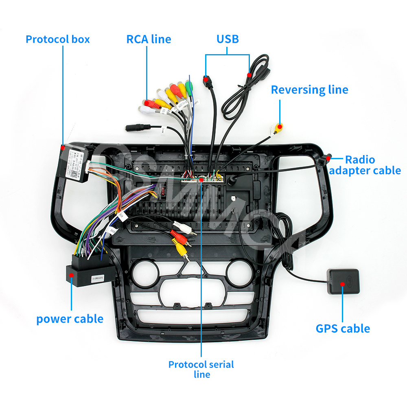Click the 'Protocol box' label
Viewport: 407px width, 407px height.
pyautogui.click(x=57, y=39)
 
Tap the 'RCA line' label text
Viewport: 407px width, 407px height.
pyautogui.click(x=149, y=39)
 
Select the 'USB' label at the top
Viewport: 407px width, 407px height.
pyautogui.click(x=228, y=39)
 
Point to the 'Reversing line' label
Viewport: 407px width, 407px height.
pyautogui.click(x=309, y=90)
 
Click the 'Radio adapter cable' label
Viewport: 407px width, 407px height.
pyautogui.click(x=365, y=165)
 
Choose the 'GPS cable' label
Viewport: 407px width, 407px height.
pyautogui.click(x=343, y=328)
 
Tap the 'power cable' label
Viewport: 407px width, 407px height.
pyautogui.click(x=70, y=319)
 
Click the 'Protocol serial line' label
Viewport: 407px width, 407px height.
pyautogui.click(x=201, y=369)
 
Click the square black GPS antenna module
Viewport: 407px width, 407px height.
pyautogui.click(x=343, y=281)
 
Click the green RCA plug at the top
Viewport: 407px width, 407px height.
pyautogui.click(x=188, y=86)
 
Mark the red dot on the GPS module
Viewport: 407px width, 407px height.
pyautogui.click(x=343, y=285)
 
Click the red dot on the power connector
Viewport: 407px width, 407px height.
pyautogui.click(x=72, y=276)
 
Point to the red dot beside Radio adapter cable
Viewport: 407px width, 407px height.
pyautogui.click(x=328, y=157)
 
